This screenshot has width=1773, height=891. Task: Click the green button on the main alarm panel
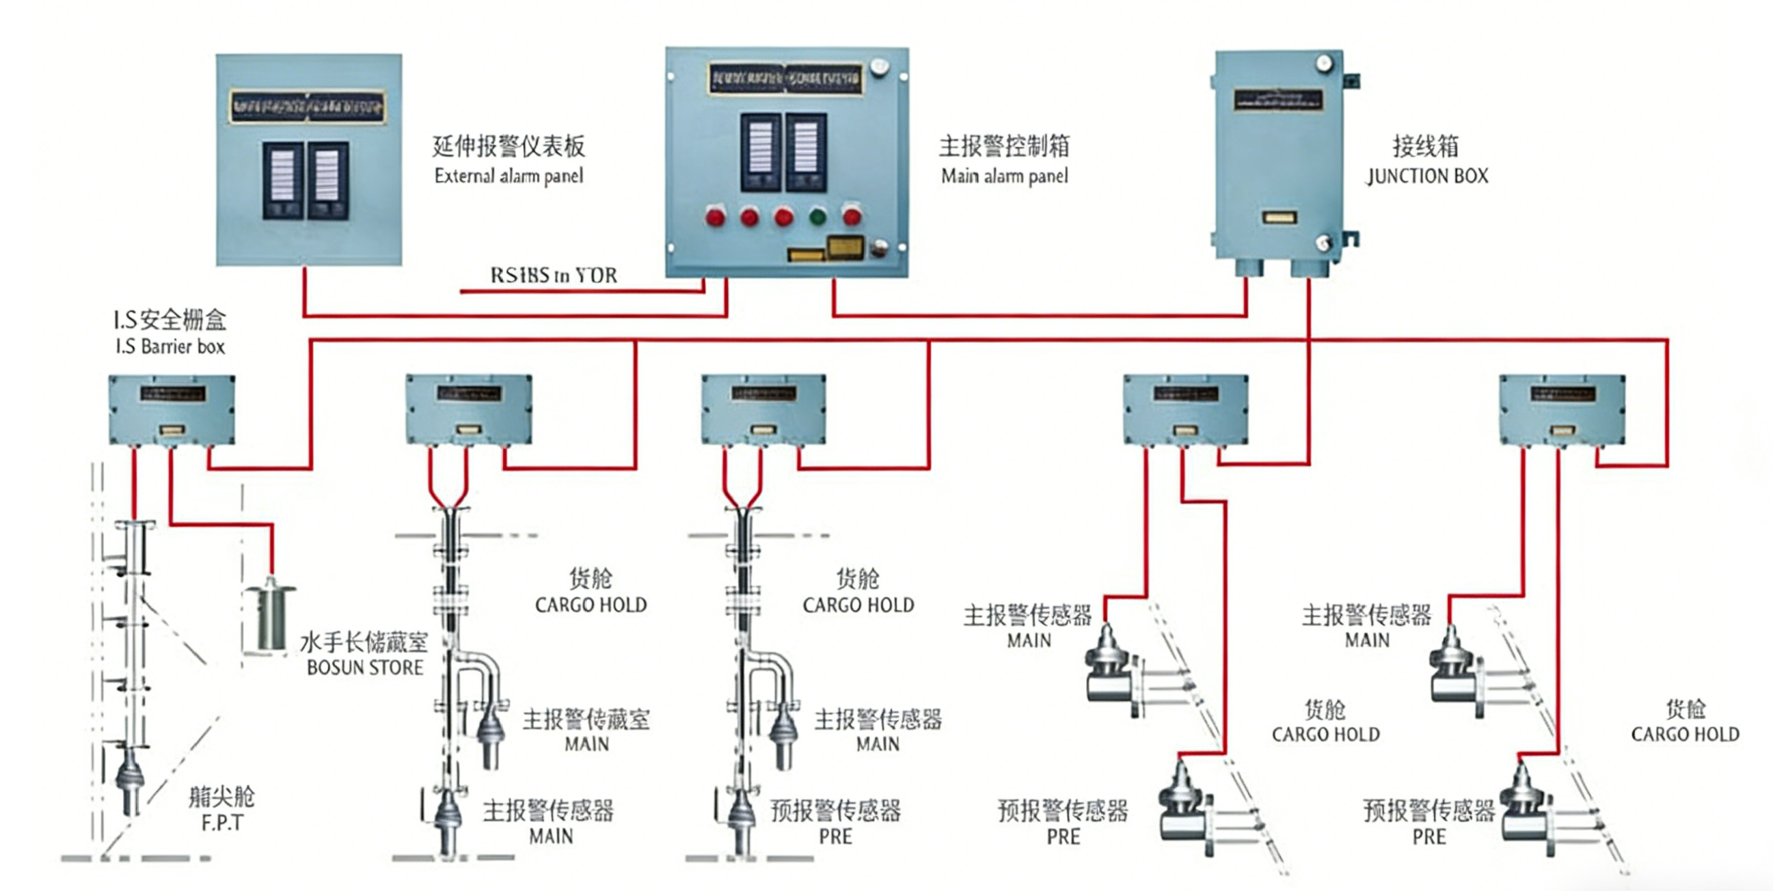(817, 217)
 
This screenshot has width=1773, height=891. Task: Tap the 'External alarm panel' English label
(509, 176)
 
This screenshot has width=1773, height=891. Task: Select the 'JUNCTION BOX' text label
(1426, 176)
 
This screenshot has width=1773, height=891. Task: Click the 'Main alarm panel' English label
(1004, 176)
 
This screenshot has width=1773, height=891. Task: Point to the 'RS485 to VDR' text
(554, 275)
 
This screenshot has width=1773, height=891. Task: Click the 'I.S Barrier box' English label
(170, 346)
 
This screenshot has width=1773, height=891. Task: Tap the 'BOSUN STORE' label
(365, 668)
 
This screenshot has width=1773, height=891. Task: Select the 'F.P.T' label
(221, 823)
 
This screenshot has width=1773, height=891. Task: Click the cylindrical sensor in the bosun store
(271, 617)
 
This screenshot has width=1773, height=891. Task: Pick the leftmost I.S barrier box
(172, 410)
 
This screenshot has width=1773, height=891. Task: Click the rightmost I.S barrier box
(1562, 410)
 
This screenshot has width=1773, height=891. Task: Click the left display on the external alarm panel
(283, 180)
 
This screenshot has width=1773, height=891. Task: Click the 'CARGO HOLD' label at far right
(1685, 735)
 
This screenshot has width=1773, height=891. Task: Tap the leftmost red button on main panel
(715, 217)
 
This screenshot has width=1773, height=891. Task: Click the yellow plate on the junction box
(1279, 217)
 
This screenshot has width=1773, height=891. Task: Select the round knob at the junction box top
(1323, 64)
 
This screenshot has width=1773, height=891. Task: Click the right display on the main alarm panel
(806, 152)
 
